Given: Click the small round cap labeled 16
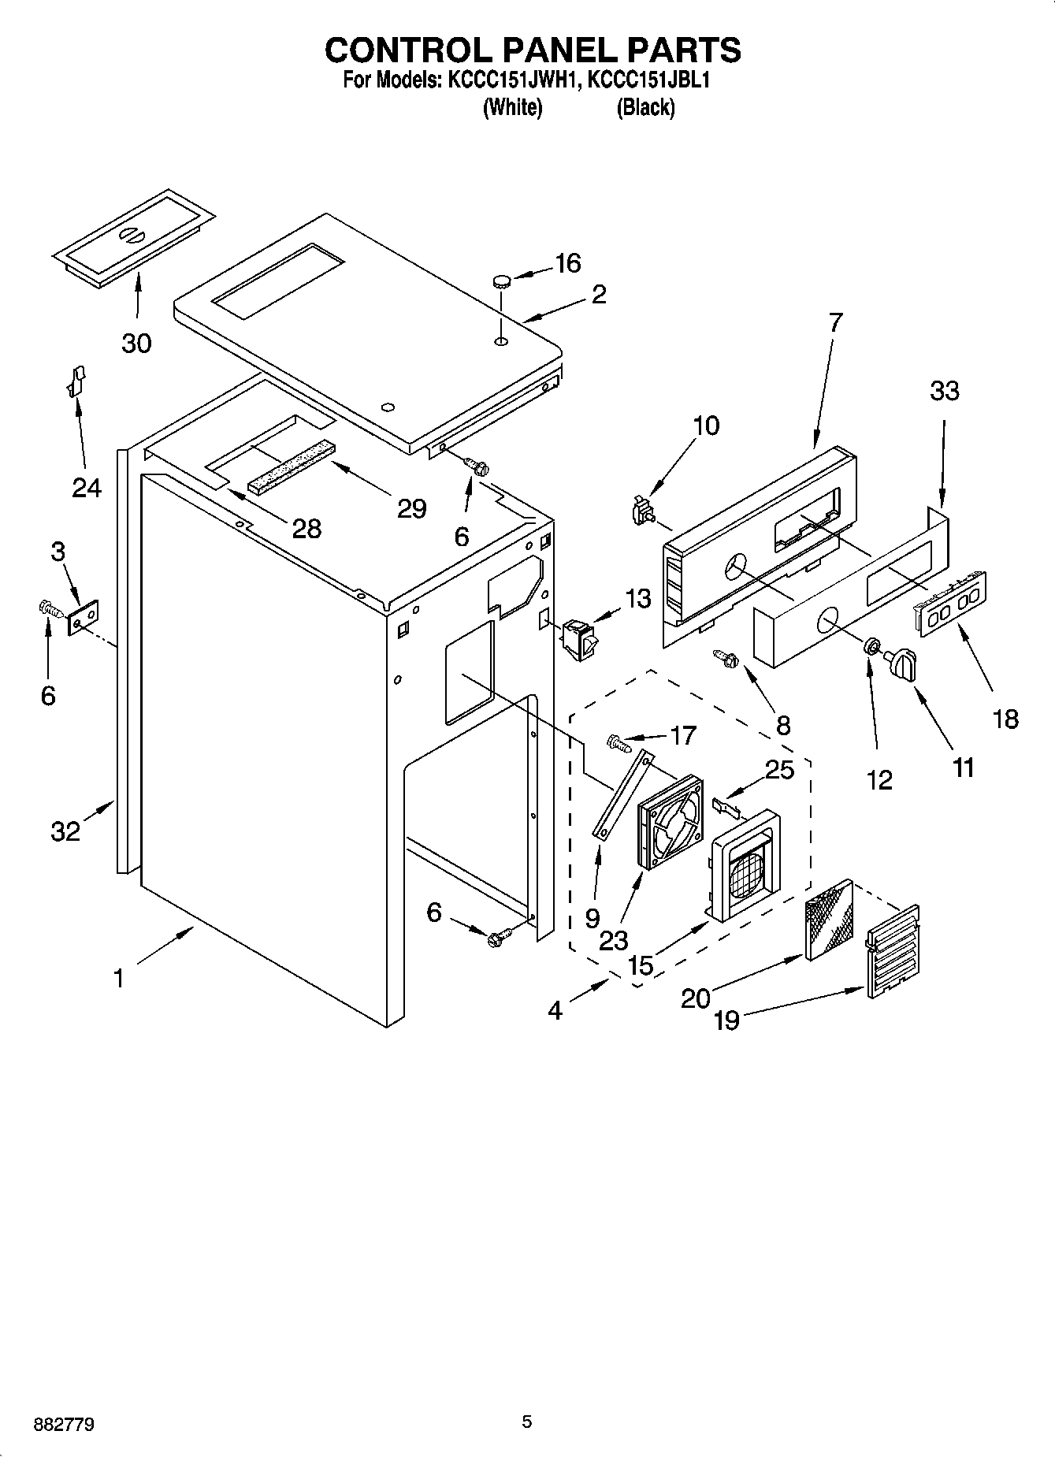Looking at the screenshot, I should click(501, 279).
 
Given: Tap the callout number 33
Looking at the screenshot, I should click(944, 391).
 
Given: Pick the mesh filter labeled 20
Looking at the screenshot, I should click(829, 920).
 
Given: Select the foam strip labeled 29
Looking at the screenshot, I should click(291, 467).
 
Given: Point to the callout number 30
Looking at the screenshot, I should click(136, 343).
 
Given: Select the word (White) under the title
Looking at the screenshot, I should click(512, 107).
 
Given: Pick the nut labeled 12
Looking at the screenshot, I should click(871, 646).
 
